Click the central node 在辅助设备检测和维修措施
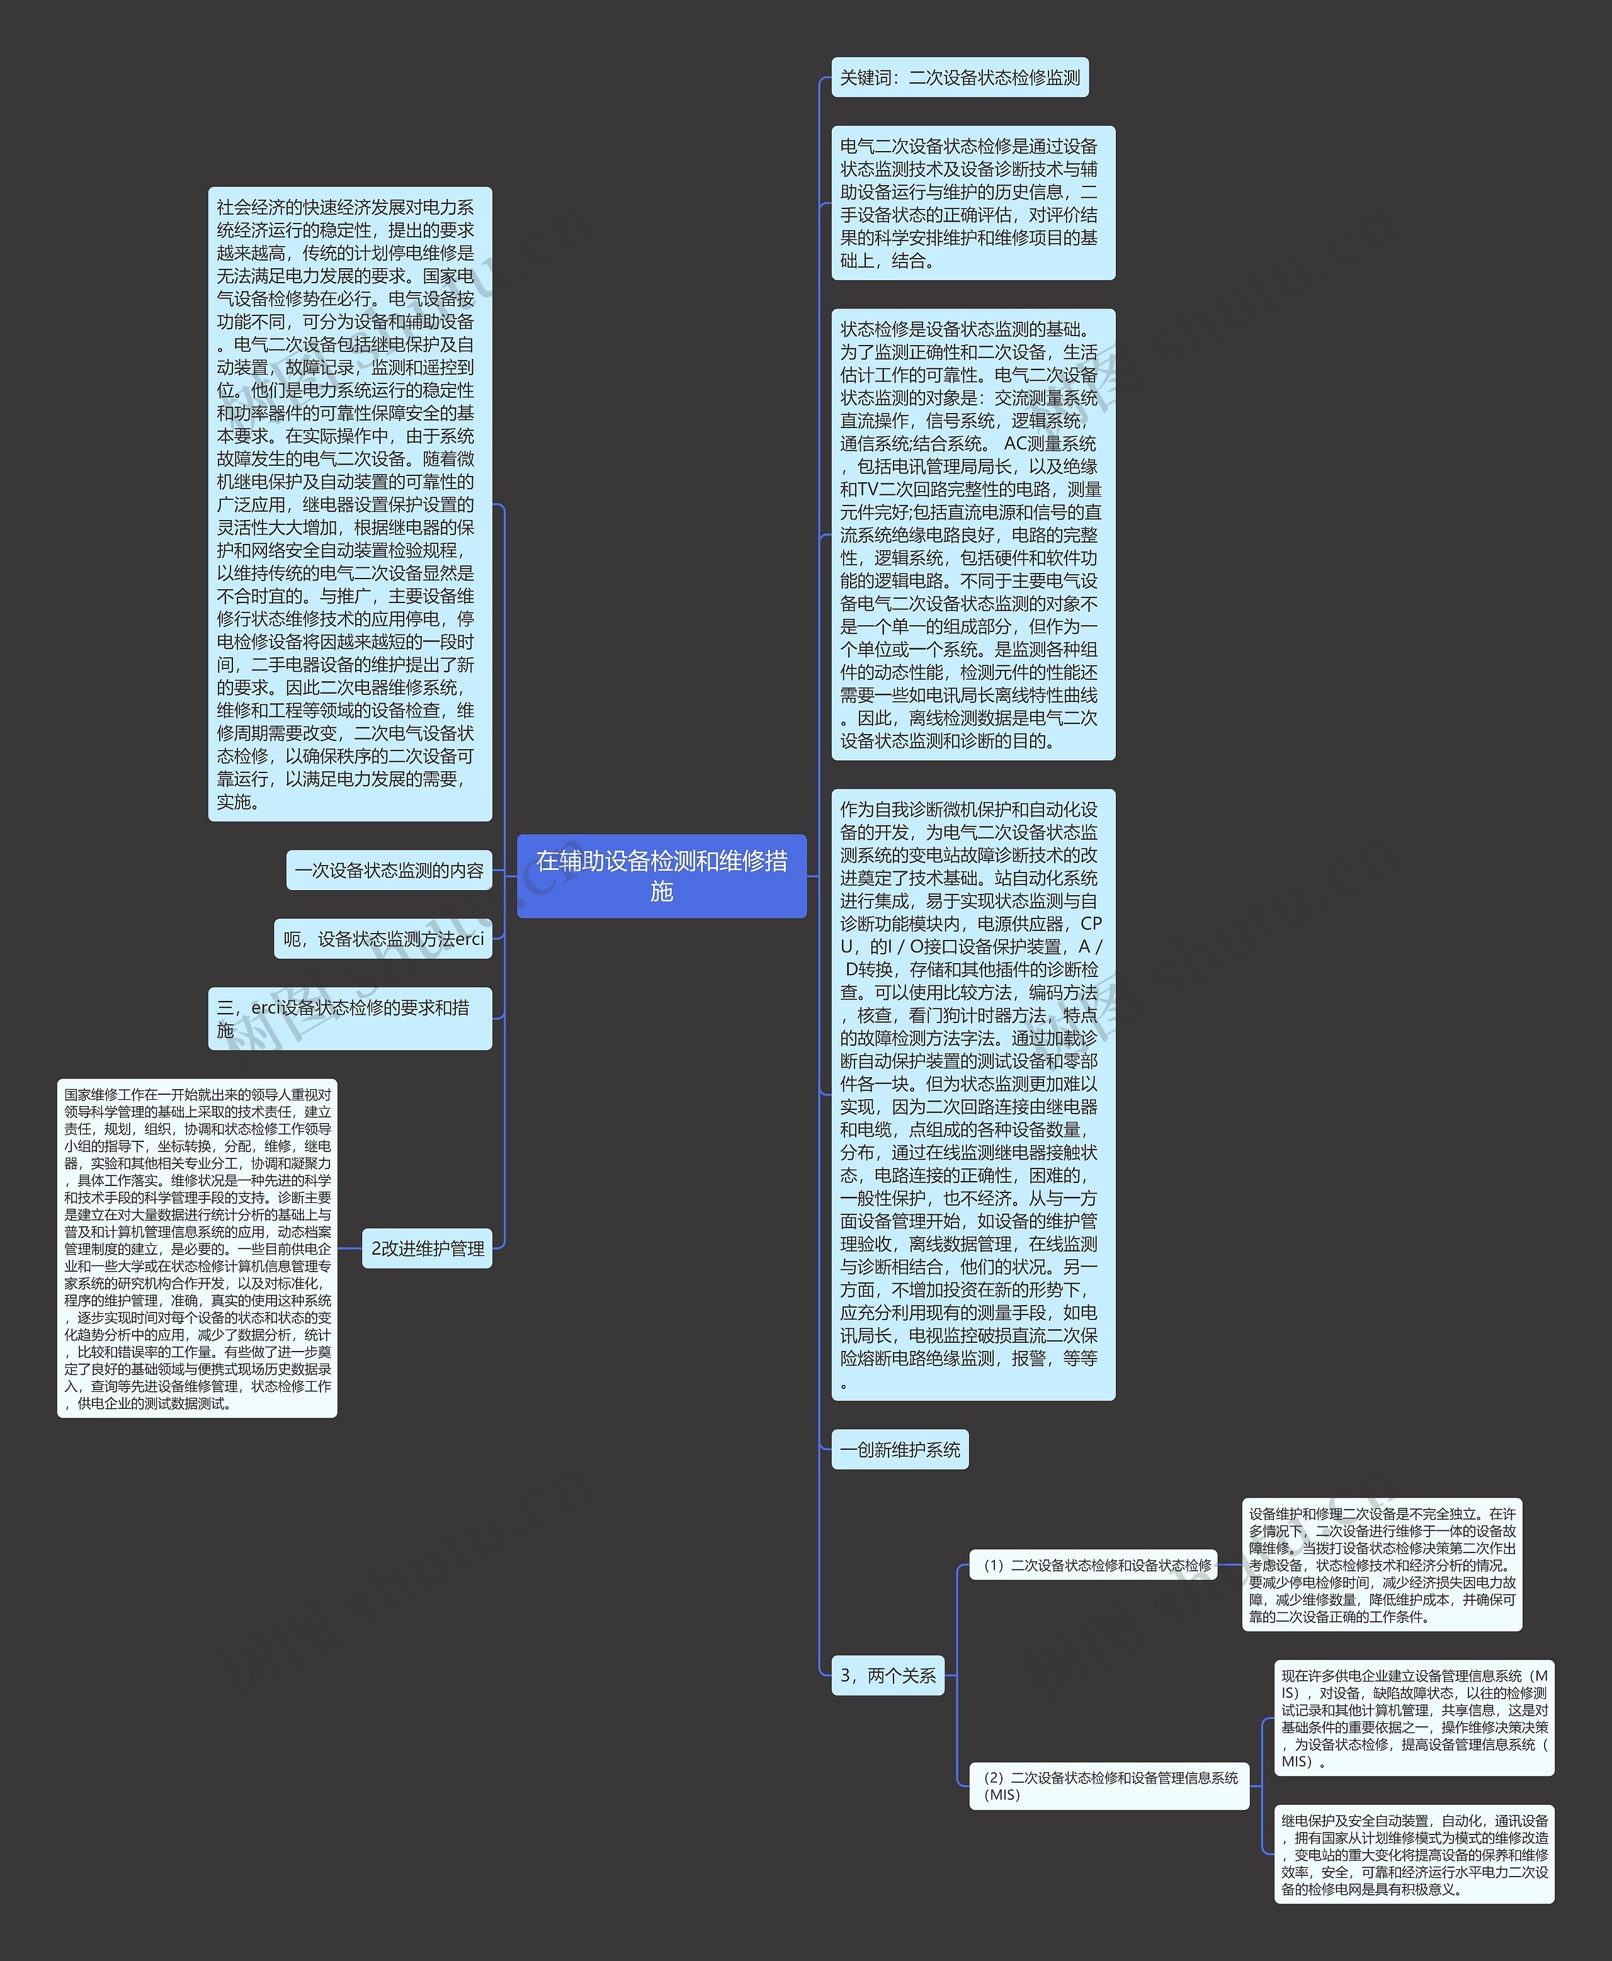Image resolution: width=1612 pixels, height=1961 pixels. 661,876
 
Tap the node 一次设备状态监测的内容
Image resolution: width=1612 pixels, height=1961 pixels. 389,871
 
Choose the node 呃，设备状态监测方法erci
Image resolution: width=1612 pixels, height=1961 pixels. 383,939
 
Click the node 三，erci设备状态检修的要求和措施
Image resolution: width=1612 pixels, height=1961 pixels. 349,1019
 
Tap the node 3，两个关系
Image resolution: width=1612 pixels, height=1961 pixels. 888,1676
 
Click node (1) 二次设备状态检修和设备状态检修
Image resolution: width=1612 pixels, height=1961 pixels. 1093,1564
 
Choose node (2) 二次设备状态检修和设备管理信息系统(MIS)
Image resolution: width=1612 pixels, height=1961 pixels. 1109,1785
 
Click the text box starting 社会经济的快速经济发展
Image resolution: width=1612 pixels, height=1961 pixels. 349,504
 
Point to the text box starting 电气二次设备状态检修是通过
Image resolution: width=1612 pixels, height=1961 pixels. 973,203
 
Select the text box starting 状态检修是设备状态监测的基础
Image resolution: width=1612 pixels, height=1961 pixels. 973,535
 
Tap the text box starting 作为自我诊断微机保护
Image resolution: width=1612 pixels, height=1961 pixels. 973,1095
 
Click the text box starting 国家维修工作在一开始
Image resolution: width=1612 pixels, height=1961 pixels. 197,1248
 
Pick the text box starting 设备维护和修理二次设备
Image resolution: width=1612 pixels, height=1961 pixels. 1382,1564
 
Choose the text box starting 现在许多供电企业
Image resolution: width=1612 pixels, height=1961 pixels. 1413,1719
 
